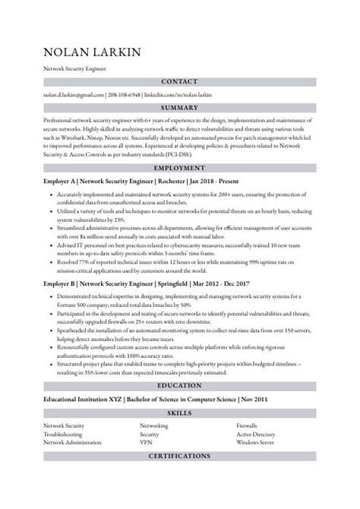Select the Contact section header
click(x=180, y=81)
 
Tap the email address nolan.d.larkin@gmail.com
click(x=74, y=95)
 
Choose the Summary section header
click(x=180, y=109)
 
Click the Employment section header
click(x=180, y=167)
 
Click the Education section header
click(x=180, y=384)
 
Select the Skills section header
click(x=180, y=413)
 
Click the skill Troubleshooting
click(x=65, y=434)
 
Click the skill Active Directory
click(x=256, y=434)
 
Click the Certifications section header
click(x=180, y=456)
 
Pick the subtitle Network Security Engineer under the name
click(x=75, y=68)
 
